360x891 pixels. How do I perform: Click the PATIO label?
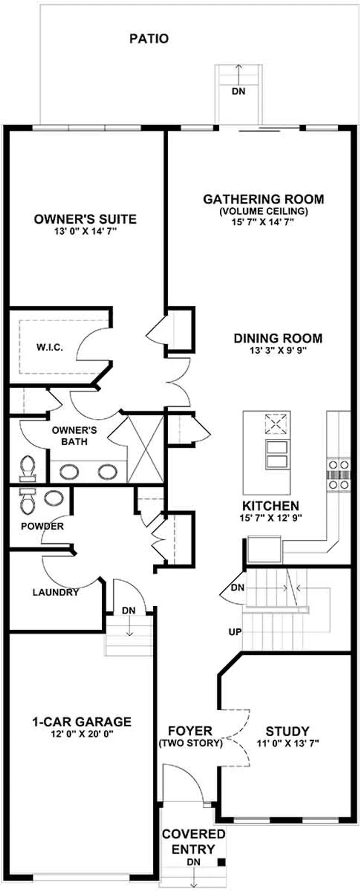(x=149, y=39)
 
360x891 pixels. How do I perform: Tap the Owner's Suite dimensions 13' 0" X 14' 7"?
(x=85, y=231)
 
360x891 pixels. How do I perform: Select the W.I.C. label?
(x=50, y=347)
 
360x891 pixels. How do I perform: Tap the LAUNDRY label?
(x=56, y=592)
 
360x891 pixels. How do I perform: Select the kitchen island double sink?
(x=277, y=454)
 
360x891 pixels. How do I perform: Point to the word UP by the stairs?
(x=235, y=631)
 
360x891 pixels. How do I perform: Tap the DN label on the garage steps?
(x=129, y=610)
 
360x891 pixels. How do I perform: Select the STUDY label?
(x=288, y=731)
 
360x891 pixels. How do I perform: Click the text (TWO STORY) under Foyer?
(x=190, y=744)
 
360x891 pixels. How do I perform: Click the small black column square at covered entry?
(x=222, y=862)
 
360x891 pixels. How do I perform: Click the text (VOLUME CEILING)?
(x=263, y=211)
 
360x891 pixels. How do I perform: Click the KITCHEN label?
(x=271, y=506)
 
